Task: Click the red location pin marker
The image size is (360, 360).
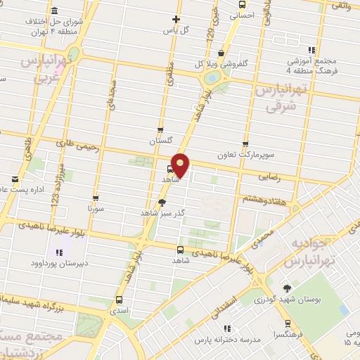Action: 181,164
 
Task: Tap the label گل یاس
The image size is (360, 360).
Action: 176,30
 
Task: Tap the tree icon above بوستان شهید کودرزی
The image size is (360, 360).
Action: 286,289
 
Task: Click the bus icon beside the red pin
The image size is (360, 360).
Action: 171,169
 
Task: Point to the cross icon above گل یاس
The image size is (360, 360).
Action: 176,19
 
